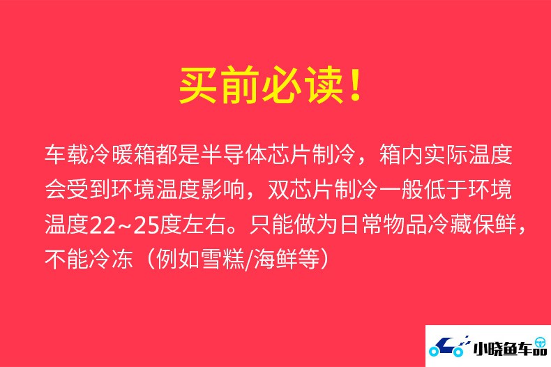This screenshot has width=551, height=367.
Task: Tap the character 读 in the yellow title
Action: point(324,84)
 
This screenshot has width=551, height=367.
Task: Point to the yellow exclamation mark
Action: point(356,84)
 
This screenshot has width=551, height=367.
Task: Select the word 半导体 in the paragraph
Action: point(234,154)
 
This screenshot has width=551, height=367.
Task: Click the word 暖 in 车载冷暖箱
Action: point(123,154)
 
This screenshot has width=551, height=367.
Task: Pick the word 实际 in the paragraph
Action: point(445,154)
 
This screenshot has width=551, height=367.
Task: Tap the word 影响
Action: point(222,190)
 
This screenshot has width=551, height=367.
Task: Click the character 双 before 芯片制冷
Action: point(279,190)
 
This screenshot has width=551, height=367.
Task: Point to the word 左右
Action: point(204,225)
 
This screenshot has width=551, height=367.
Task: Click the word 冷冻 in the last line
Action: point(112,260)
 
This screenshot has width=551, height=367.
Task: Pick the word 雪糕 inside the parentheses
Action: point(222,260)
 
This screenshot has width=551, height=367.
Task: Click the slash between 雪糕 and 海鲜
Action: point(249,260)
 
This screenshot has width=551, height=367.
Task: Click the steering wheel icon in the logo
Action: point(541,343)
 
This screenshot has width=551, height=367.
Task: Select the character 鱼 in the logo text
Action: point(511,349)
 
